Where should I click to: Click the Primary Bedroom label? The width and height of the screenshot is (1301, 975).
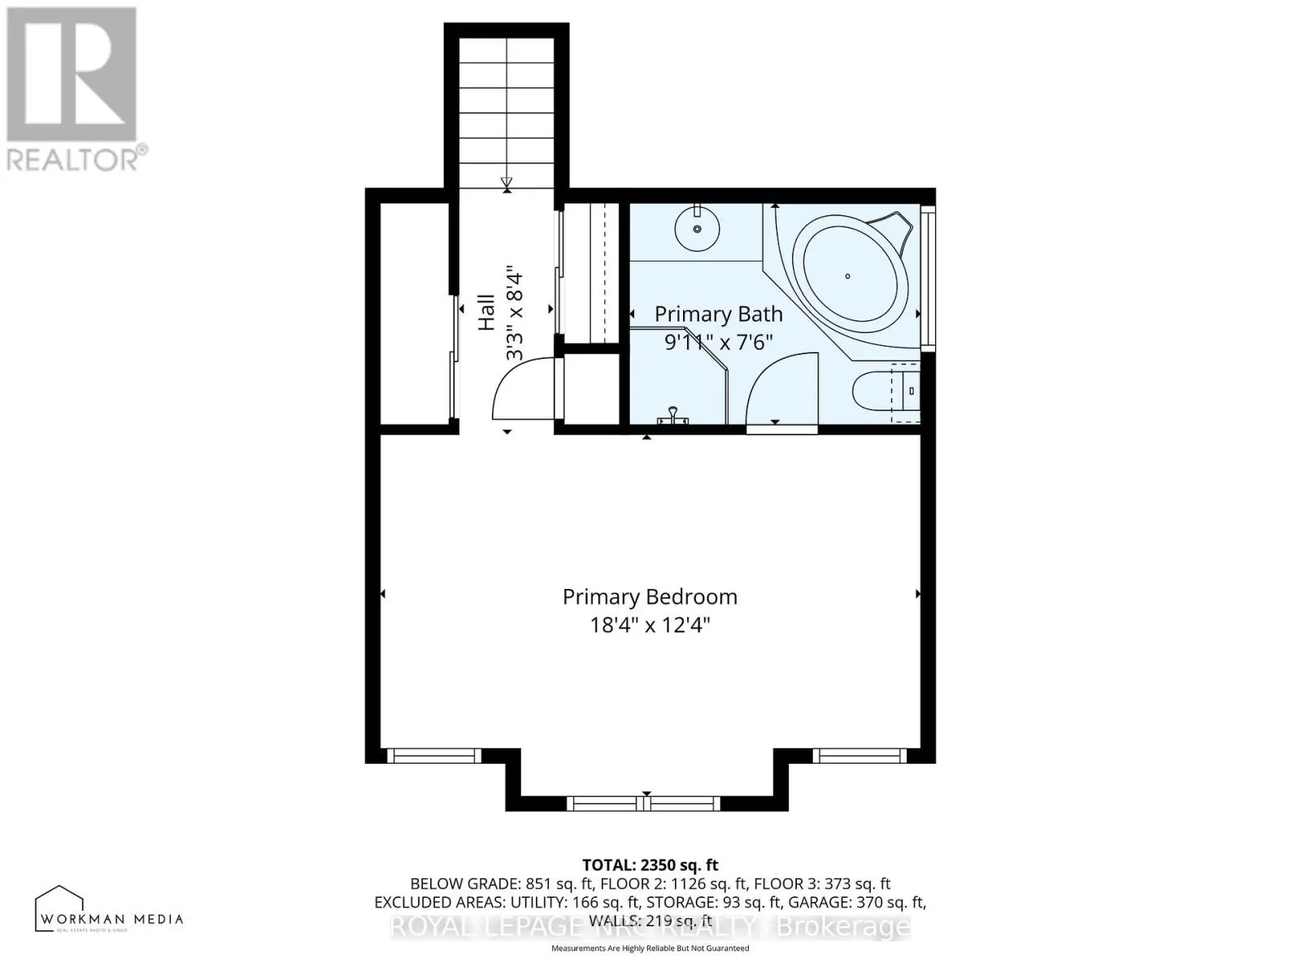click(650, 597)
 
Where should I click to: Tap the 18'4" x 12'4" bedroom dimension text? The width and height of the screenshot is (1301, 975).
click(650, 626)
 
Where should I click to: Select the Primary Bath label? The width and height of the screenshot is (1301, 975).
click(718, 314)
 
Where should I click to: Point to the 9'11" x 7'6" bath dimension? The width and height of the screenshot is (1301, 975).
click(718, 342)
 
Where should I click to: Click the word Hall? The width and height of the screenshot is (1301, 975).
click(486, 312)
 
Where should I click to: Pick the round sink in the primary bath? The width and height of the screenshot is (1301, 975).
click(698, 228)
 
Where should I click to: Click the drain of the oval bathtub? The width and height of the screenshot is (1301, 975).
click(847, 276)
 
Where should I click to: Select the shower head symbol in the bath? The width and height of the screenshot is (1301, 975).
click(673, 416)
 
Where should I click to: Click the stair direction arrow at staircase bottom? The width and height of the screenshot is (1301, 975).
click(507, 184)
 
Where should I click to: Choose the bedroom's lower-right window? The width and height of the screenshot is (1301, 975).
click(860, 756)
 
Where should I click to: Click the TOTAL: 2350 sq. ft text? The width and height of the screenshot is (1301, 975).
click(650, 865)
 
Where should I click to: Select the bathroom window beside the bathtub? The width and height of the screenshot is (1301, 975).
click(929, 278)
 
